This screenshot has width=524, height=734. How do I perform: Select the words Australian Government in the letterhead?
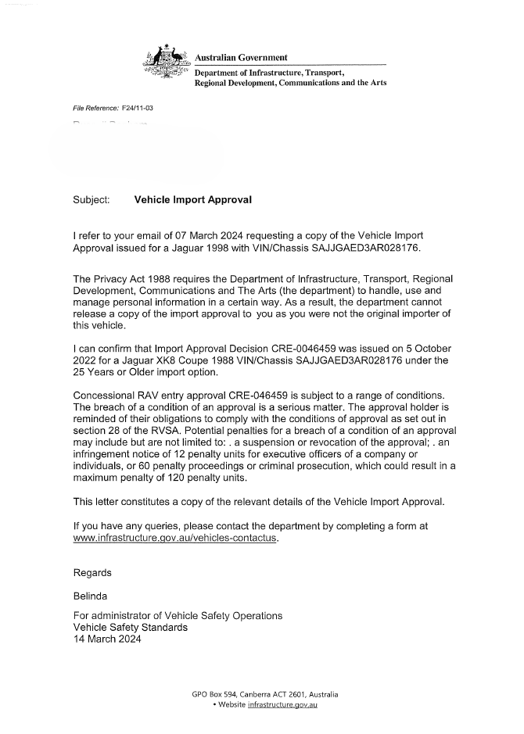(241, 58)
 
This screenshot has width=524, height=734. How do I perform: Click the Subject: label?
(91, 200)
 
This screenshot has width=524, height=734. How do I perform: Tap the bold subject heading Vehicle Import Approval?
(193, 200)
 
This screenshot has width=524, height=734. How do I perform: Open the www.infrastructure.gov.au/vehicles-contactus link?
(174, 539)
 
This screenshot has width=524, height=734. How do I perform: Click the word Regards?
(92, 572)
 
